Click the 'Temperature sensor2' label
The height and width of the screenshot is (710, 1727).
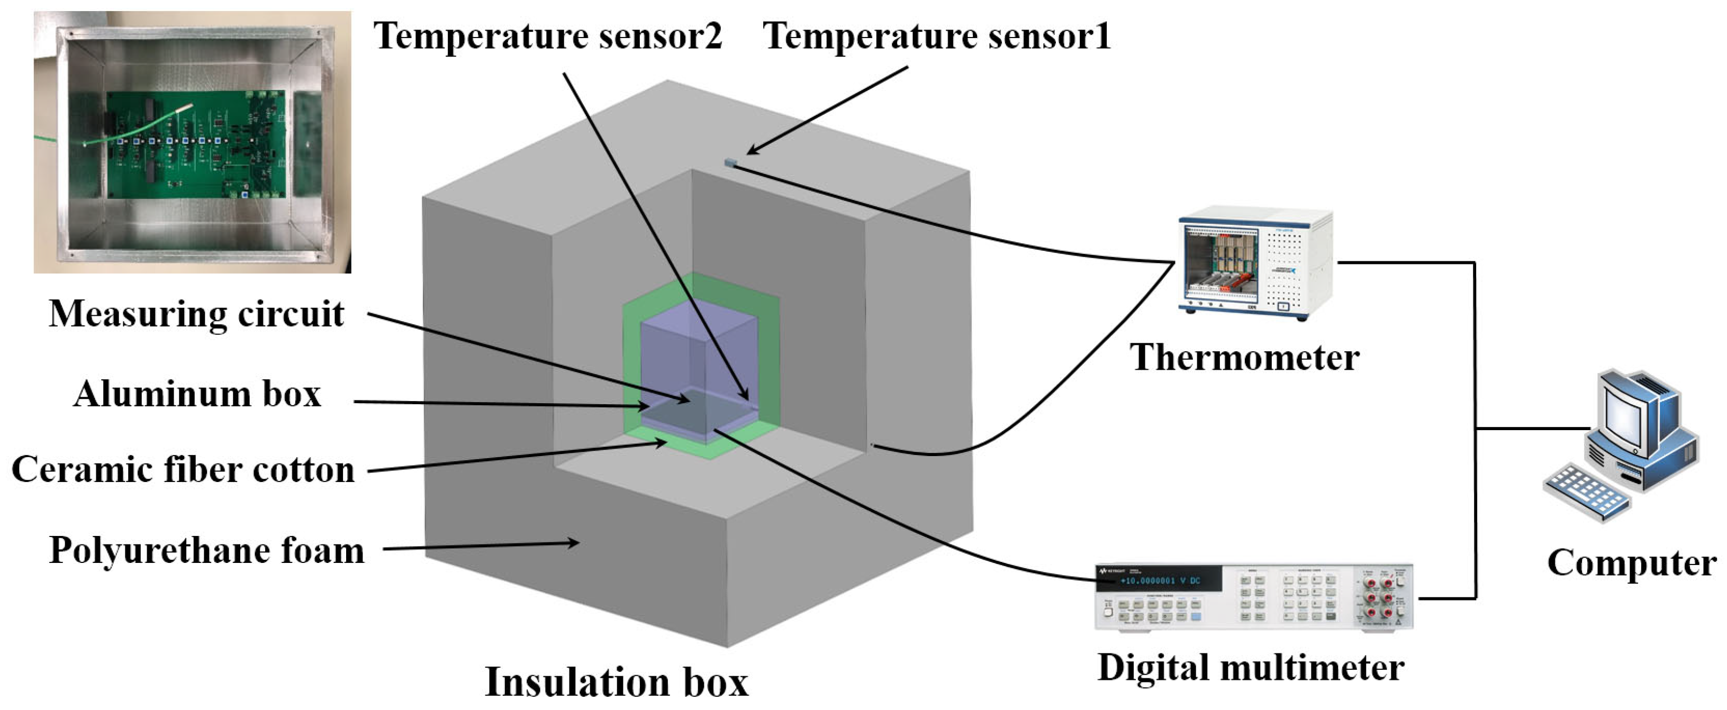click(548, 35)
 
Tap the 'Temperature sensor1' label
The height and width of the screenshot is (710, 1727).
click(937, 35)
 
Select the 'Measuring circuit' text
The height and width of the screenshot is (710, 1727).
click(196, 314)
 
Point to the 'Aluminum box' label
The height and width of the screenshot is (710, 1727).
click(197, 394)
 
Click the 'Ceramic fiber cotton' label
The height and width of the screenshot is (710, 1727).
click(183, 469)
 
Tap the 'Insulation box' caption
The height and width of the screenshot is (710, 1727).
click(616, 682)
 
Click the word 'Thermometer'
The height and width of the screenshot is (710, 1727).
click(1245, 357)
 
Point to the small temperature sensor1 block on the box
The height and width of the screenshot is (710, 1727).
click(730, 162)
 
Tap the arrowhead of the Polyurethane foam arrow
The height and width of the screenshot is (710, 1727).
click(573, 542)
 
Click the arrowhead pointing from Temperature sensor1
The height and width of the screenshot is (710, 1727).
click(752, 151)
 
